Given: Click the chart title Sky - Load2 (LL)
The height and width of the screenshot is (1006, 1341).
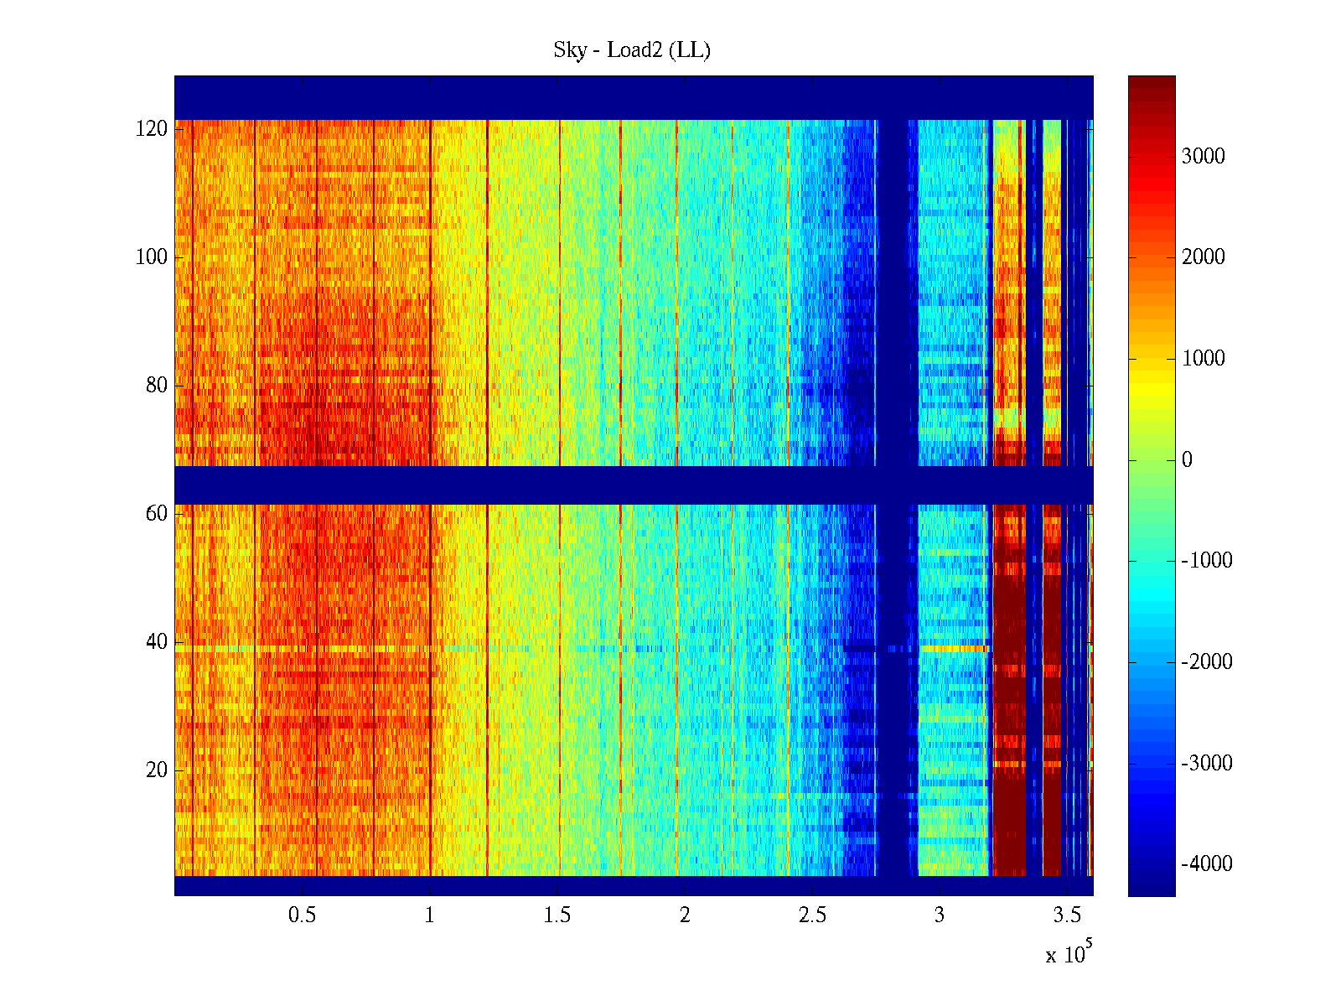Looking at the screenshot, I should point(632,50).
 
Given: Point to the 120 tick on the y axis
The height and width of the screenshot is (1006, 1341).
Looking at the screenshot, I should point(152,129).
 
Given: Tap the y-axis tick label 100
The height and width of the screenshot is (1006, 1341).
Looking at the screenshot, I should point(152,257).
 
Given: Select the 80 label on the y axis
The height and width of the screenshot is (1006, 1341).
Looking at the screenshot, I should point(157,386).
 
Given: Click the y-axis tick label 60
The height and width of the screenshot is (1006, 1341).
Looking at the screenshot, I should point(157,513).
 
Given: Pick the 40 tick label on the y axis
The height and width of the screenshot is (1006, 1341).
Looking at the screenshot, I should point(157,642).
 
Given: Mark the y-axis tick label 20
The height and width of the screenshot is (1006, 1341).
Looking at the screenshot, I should point(157,770).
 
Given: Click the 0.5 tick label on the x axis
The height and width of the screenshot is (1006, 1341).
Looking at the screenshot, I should point(303,915).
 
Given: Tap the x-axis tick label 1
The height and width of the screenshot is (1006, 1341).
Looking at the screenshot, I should point(430,915).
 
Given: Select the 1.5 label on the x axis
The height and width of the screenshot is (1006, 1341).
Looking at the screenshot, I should point(557,915).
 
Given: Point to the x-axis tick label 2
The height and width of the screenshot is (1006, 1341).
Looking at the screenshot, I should point(685,915).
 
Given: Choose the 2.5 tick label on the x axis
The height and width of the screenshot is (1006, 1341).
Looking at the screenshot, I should point(812,915).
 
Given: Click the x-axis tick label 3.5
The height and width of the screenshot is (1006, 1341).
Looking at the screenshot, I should point(1067,915).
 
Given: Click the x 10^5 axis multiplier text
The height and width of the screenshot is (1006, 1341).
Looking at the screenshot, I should point(1069,953).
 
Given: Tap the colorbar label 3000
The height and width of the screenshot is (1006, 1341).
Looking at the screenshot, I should point(1204,157).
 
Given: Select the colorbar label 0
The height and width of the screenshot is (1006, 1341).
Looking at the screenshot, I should point(1187,460).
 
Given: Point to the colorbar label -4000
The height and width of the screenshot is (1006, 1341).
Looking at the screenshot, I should point(1207,864).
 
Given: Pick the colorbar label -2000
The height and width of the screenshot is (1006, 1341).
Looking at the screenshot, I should point(1207,662).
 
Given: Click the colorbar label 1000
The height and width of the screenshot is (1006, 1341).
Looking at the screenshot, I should point(1204,359).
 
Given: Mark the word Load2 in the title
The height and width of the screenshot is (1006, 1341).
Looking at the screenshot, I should point(635,50).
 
